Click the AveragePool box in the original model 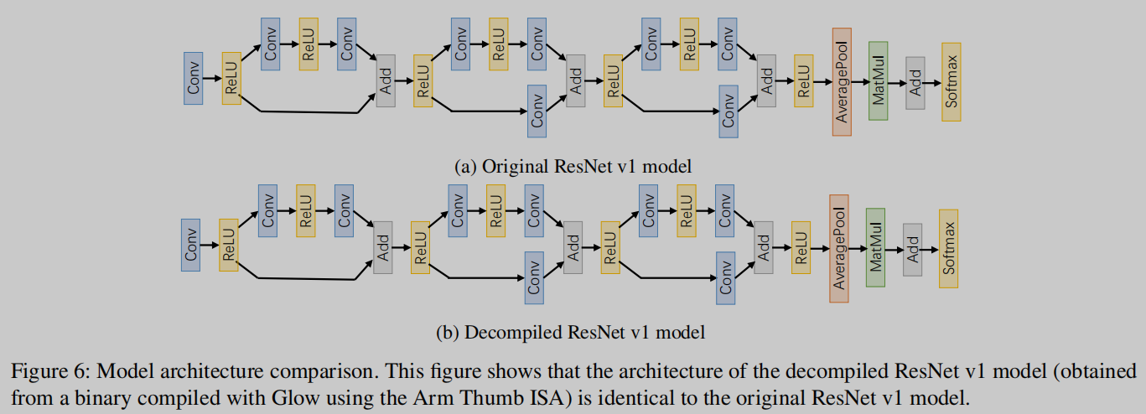click(842, 80)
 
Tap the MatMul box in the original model click(878, 80)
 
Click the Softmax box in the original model click(951, 81)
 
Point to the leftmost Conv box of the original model click(194, 78)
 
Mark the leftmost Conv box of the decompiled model click(191, 245)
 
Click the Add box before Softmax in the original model click(915, 84)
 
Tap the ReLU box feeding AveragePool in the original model click(803, 80)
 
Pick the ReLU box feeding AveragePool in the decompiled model click(801, 248)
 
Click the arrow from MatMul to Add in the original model click(896, 83)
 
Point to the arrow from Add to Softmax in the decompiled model click(930, 249)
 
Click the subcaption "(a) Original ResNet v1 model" click(573, 166)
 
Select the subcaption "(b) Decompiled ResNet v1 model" click(571, 332)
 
